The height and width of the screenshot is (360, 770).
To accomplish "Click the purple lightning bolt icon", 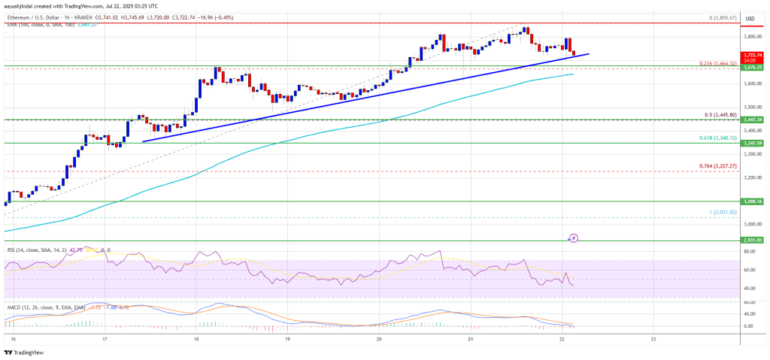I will click(x=573, y=238).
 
